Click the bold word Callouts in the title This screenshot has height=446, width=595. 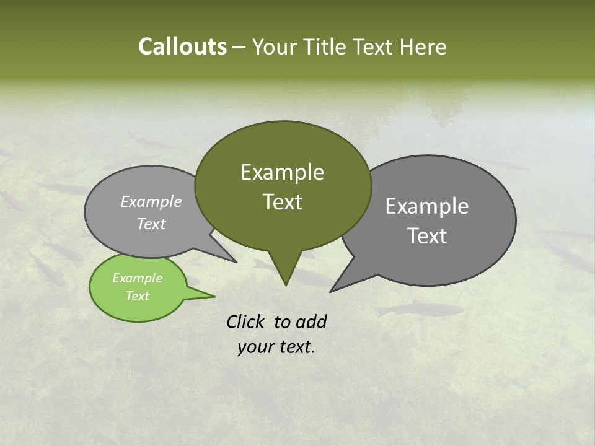tap(182, 47)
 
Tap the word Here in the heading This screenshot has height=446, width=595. tap(424, 47)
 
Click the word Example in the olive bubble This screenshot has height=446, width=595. tap(282, 172)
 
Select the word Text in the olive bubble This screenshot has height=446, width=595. tap(282, 202)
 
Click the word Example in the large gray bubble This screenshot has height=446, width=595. tap(426, 206)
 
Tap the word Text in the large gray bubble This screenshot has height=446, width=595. tap(426, 236)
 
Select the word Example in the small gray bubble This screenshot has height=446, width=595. tap(151, 201)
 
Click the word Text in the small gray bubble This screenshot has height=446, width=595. tap(151, 224)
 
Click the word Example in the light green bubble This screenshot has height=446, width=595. tap(137, 278)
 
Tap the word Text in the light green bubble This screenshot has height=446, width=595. tap(137, 296)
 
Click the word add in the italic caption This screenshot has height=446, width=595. tap(311, 321)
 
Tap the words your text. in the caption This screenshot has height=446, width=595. tap(276, 347)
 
